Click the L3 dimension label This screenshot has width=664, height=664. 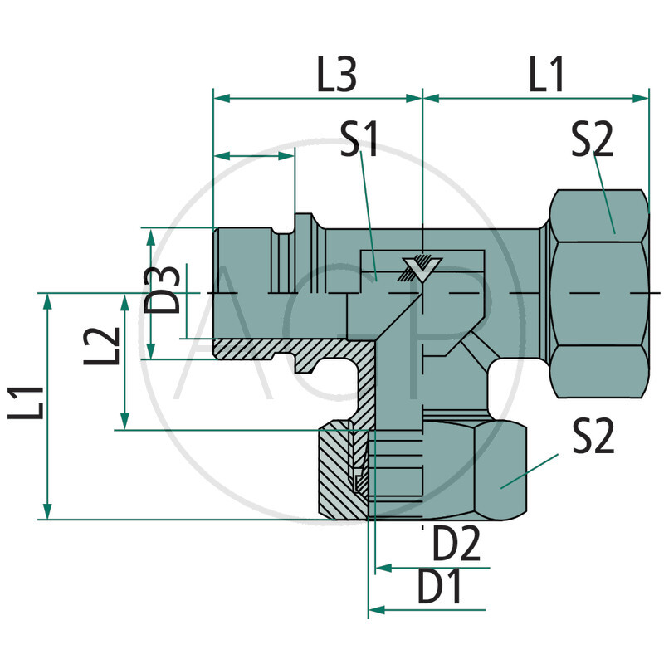337,76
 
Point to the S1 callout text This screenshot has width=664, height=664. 359,139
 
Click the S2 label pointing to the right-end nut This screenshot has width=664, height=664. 592,139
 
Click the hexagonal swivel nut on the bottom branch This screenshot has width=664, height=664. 473,471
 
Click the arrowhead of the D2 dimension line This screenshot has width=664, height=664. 383,569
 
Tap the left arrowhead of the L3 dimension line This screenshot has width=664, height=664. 222,98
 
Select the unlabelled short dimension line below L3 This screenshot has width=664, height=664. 254,154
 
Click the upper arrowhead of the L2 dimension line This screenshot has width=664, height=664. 125,300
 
